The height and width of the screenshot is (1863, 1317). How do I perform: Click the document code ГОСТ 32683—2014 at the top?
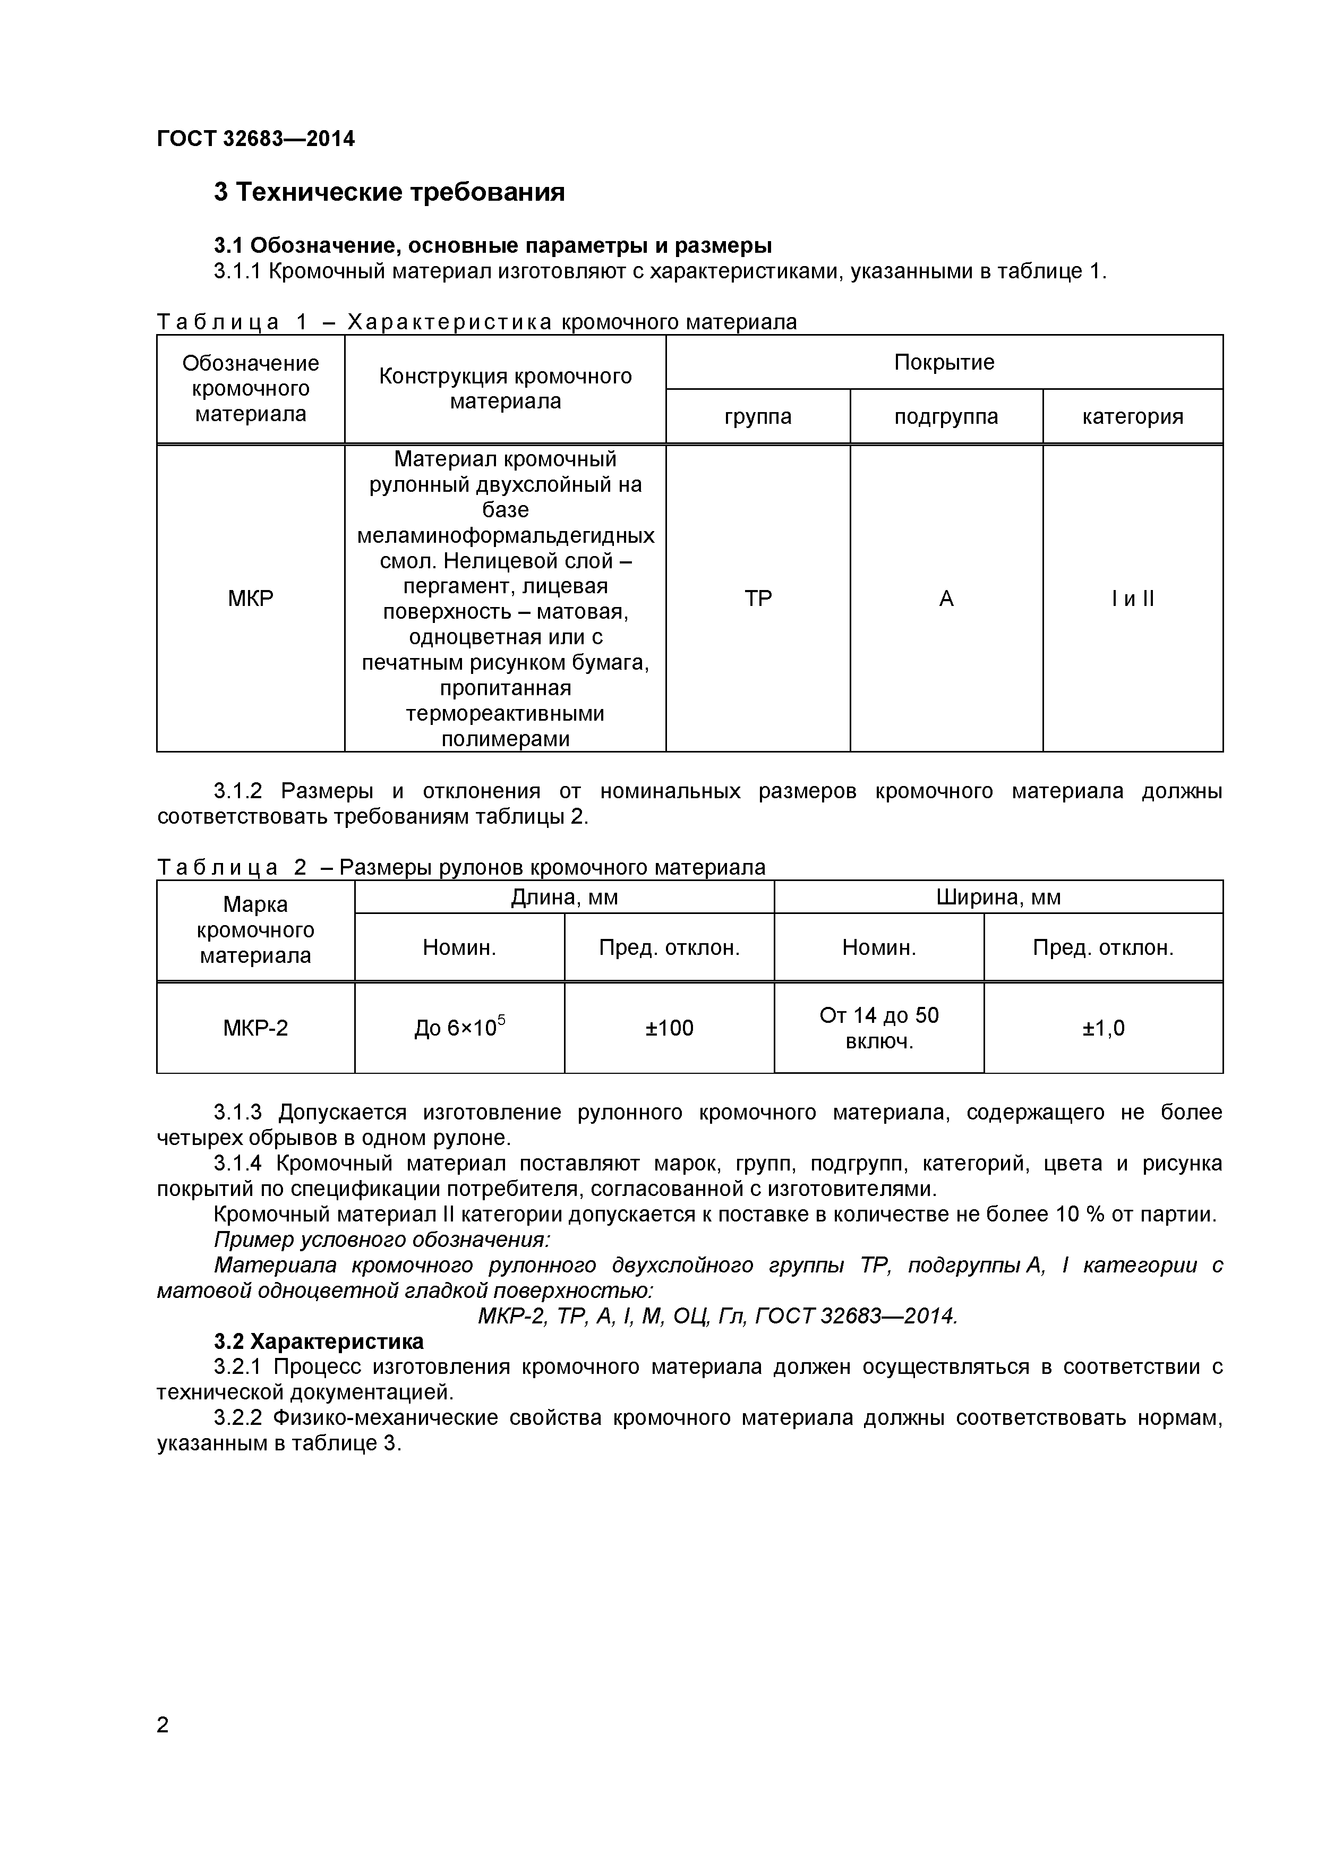[255, 139]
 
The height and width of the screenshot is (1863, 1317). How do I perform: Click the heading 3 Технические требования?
[389, 192]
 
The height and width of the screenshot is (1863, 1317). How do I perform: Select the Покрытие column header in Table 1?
[944, 362]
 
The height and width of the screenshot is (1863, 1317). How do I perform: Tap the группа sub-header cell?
[757, 416]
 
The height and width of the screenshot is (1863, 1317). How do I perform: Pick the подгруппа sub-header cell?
[946, 416]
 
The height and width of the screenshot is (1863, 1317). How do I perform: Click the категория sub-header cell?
[1132, 416]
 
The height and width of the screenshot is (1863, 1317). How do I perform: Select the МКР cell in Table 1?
[250, 599]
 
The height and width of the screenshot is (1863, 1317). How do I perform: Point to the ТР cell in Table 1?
[757, 599]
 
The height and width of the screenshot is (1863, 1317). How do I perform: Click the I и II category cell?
[1132, 599]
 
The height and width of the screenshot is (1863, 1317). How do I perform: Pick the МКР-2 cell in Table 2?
[255, 1028]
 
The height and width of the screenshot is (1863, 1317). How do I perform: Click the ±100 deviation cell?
[670, 1028]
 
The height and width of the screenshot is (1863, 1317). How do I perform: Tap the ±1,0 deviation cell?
[1103, 1028]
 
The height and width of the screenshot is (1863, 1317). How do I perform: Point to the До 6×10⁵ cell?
[459, 1028]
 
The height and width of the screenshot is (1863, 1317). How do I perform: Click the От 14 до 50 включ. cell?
[879, 1028]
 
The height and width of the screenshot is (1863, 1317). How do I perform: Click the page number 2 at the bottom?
[163, 1747]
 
